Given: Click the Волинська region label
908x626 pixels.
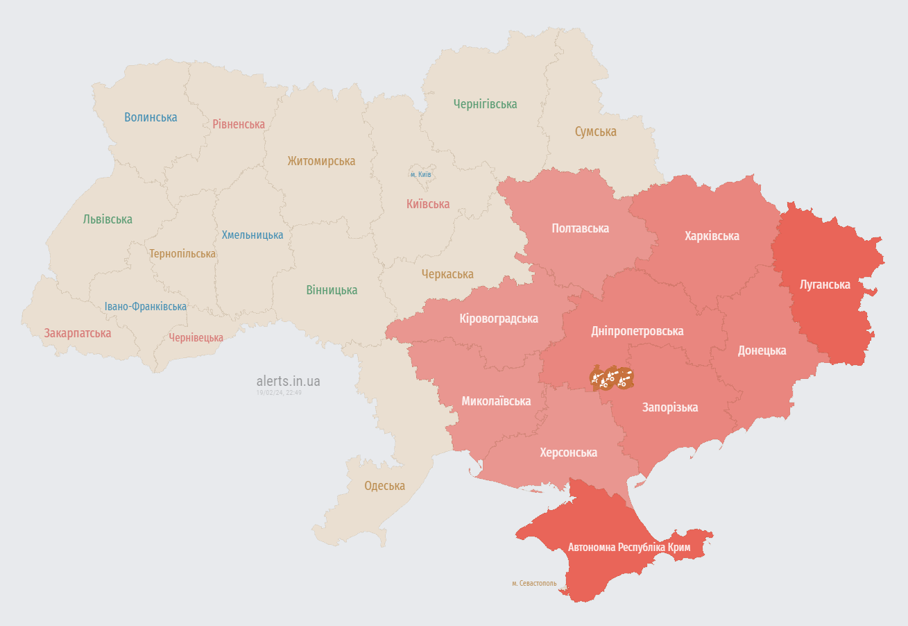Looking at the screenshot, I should [151, 117].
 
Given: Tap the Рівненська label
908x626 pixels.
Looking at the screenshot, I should [239, 124].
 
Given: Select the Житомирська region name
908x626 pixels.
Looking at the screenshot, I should [321, 161].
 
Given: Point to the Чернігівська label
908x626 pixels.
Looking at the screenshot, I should [485, 104].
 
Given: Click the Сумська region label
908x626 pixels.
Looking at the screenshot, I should [595, 132].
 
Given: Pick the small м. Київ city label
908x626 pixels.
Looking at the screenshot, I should [420, 174].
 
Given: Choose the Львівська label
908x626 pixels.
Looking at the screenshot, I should [108, 219].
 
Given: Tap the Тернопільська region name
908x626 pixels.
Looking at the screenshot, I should [182, 254].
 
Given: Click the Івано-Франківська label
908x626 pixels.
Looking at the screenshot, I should [146, 306].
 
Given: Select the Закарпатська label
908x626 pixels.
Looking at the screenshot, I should [78, 333].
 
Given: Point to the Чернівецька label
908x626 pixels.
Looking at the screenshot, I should [196, 338].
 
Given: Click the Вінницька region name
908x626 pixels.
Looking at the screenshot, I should [332, 290].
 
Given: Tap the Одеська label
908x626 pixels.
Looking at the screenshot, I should [384, 486].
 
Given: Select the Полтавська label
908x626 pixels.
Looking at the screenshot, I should [580, 228].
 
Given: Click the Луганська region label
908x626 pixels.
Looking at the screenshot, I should [825, 285].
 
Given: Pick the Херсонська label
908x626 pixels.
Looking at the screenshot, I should [568, 452].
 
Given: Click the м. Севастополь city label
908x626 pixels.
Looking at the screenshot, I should [534, 584].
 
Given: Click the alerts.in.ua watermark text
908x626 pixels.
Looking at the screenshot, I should [288, 381].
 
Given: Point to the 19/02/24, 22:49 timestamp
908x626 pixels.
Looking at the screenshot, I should [279, 393].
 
